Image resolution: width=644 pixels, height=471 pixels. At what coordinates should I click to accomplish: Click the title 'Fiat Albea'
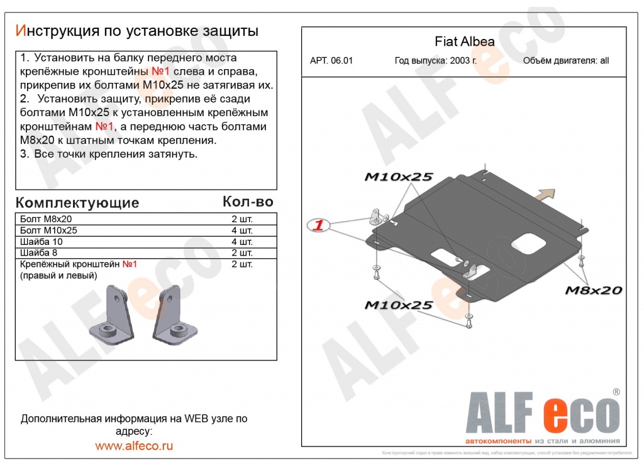click(464, 42)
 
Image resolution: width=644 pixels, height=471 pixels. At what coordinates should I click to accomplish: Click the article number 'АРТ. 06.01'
click(331, 61)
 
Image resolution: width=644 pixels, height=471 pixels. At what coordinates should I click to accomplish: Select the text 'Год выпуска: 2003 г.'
click(435, 61)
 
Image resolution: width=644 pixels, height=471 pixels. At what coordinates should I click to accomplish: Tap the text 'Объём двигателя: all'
click(565, 61)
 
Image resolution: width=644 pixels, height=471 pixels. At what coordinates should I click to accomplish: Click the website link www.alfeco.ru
click(133, 446)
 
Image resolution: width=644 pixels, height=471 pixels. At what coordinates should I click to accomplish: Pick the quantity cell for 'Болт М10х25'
click(242, 230)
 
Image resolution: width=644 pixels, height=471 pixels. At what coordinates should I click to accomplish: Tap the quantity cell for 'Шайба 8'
click(242, 252)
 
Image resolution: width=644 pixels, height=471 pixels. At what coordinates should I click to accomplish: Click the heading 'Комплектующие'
click(77, 203)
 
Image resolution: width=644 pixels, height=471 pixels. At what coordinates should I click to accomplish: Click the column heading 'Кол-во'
click(248, 202)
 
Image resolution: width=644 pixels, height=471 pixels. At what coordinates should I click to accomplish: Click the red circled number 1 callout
click(319, 225)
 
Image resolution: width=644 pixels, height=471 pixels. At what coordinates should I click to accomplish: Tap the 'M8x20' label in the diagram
click(592, 290)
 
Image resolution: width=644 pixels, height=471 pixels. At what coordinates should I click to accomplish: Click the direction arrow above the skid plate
click(545, 194)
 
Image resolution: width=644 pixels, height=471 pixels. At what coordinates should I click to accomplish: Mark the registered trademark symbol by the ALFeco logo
click(616, 392)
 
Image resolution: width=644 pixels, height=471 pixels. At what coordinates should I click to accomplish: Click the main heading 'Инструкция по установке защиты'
click(136, 31)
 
